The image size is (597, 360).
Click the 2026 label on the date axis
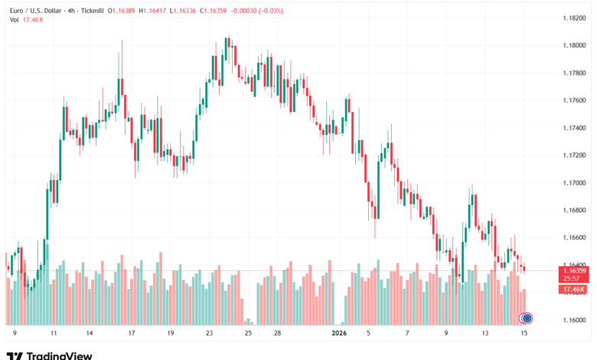[x=339, y=334]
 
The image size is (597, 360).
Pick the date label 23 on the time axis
[x=209, y=334]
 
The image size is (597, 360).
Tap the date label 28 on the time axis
[x=278, y=334]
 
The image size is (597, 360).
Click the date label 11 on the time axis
[x=54, y=334]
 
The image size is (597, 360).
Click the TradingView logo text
[x=60, y=355]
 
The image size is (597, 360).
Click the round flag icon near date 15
[x=527, y=318]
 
